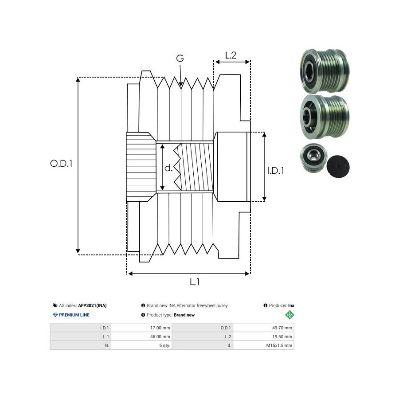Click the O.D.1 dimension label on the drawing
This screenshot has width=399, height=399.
pos(61,163)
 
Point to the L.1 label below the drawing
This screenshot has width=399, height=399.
pos(195,282)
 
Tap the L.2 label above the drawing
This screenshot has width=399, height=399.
pos(231,55)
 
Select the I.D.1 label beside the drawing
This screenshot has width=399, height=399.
pos(276,170)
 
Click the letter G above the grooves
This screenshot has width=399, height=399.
pos(180,59)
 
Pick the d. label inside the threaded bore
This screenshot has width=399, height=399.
pos(168,168)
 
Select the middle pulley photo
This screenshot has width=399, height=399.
pos(325,116)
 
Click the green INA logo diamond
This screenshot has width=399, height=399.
pos(289,315)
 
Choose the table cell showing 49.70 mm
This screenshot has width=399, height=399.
pos(282,328)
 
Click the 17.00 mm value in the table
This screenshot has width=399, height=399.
pos(160,328)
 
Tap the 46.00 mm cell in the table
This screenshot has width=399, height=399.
pos(160,336)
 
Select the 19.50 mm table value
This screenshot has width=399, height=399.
pos(282,336)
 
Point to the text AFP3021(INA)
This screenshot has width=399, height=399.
pos(92,305)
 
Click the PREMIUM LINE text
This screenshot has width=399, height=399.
pos(74,315)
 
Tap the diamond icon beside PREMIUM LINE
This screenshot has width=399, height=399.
pos(55,315)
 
